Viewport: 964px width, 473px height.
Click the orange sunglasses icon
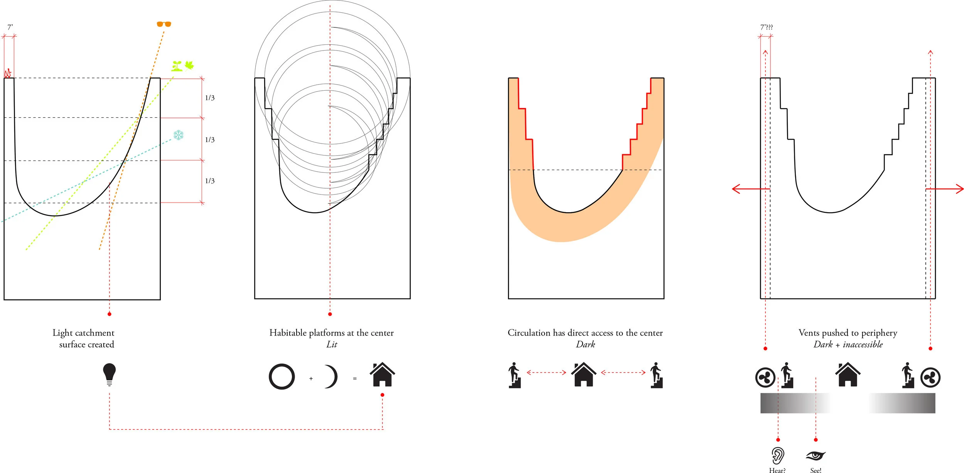(x=163, y=24)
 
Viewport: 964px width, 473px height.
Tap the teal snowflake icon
(x=178, y=135)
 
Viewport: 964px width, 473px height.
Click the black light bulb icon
(x=110, y=374)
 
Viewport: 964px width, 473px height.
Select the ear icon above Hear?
(x=778, y=456)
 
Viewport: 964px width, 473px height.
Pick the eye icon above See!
(x=816, y=456)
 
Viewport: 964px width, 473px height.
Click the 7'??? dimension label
(x=767, y=27)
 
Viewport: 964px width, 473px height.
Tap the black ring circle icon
(x=282, y=377)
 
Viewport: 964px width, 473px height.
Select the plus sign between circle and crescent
(x=311, y=378)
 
